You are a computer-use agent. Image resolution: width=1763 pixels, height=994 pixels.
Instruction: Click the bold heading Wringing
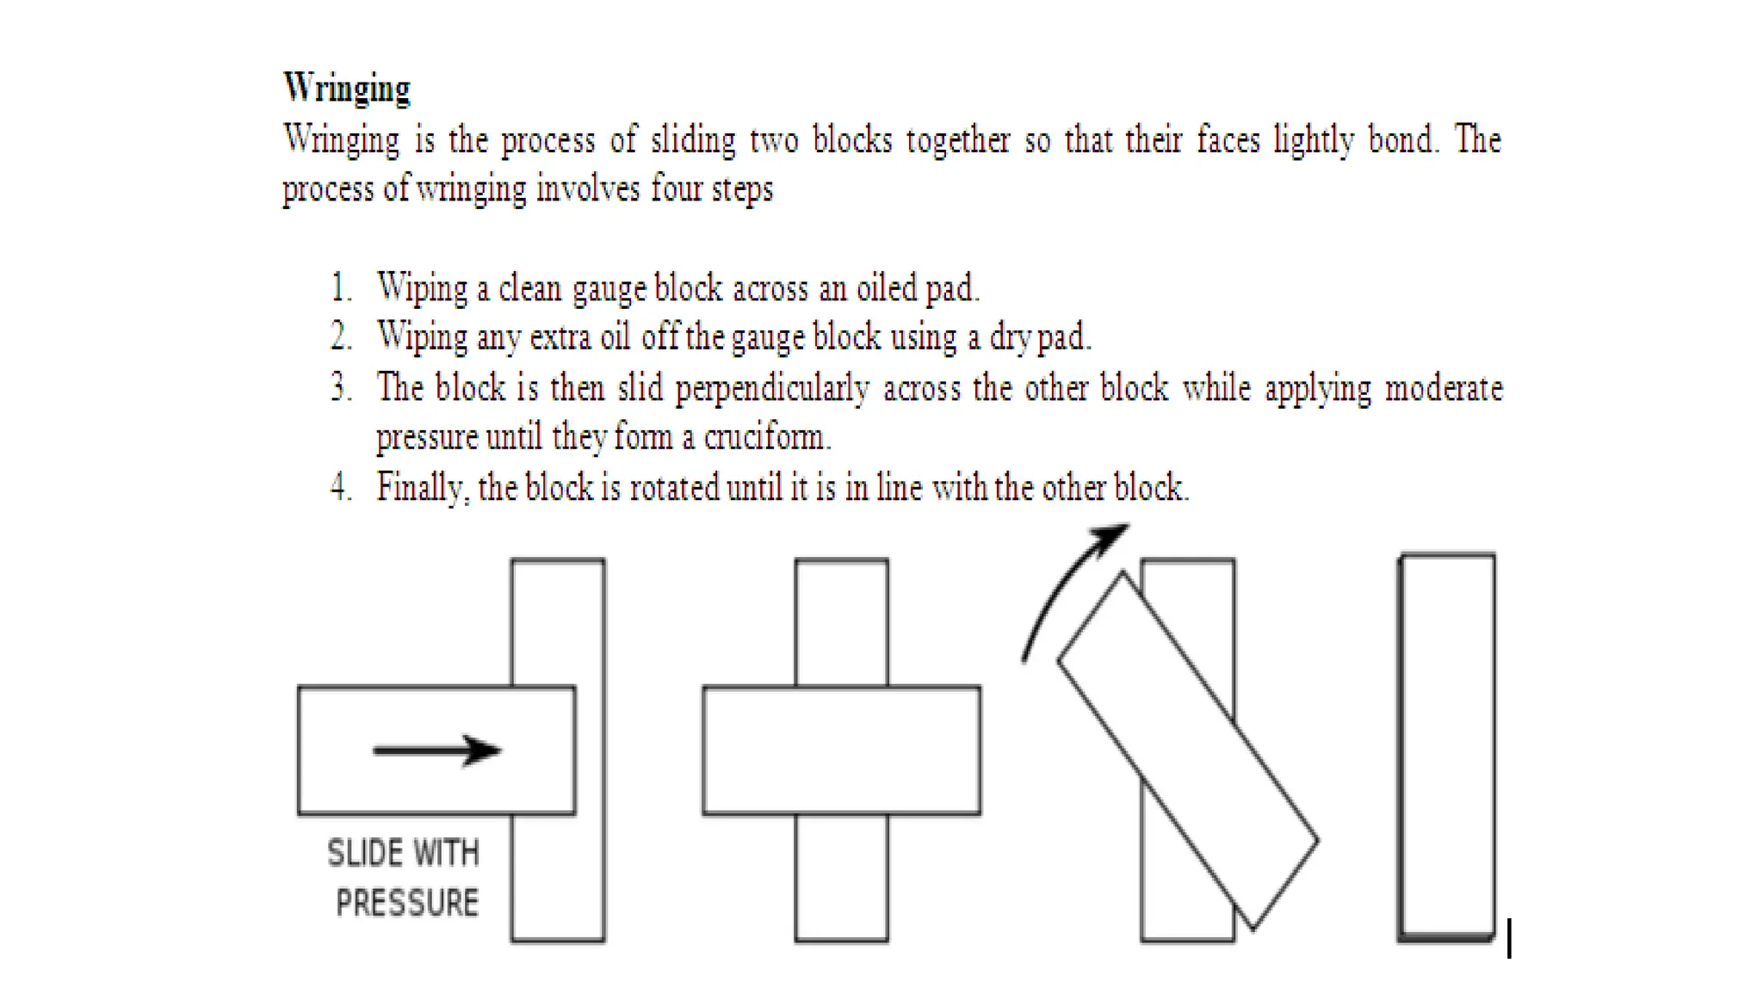pyautogui.click(x=347, y=88)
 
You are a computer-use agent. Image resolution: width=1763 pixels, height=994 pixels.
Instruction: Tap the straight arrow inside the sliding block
pyautogui.click(x=436, y=750)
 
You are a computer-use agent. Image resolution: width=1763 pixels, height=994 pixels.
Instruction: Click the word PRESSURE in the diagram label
pyautogui.click(x=407, y=904)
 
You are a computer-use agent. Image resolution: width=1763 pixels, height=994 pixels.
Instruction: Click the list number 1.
pyautogui.click(x=341, y=287)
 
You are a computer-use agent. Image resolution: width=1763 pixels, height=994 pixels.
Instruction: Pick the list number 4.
pyautogui.click(x=341, y=487)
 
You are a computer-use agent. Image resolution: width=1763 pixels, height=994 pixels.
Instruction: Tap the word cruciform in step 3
pyautogui.click(x=766, y=437)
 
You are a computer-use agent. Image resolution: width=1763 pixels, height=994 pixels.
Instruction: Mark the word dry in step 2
pyautogui.click(x=1009, y=337)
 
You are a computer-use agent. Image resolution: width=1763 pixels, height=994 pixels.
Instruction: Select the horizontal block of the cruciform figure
pyautogui.click(x=841, y=750)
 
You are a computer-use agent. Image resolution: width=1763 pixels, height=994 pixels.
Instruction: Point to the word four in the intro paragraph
pyautogui.click(x=677, y=188)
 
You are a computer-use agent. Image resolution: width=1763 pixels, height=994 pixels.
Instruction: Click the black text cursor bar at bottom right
pyautogui.click(x=1509, y=937)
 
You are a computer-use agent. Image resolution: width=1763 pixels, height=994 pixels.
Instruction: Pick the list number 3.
pyautogui.click(x=341, y=388)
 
